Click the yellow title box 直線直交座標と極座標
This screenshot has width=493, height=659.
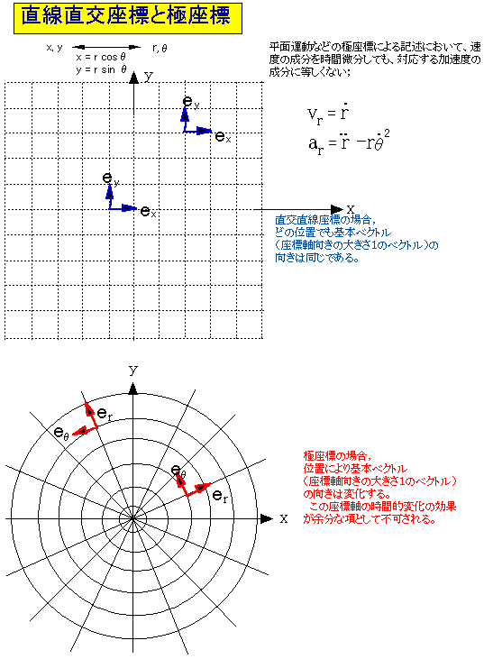(x=128, y=18)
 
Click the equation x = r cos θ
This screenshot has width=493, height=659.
(x=101, y=57)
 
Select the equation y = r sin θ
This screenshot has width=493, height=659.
(x=101, y=69)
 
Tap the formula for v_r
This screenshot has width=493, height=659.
(x=328, y=114)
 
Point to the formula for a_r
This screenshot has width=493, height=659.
(x=349, y=143)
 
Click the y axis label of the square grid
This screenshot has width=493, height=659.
(x=149, y=77)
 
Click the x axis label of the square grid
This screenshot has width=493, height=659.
(x=350, y=209)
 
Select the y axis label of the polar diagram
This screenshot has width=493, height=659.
(x=133, y=371)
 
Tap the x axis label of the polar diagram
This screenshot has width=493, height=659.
(x=284, y=518)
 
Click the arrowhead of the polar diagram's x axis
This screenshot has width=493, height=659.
(x=267, y=518)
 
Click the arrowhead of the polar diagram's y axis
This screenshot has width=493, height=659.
(x=132, y=389)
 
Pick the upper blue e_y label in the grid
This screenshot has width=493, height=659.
(x=191, y=101)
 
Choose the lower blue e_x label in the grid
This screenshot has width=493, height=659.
(x=148, y=211)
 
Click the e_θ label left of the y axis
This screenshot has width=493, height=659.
(x=61, y=433)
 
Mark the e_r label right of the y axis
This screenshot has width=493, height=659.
(x=220, y=497)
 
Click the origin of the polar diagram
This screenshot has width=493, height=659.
(x=132, y=518)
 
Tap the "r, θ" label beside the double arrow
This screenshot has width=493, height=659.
(x=160, y=49)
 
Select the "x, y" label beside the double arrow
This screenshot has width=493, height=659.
(x=54, y=48)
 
